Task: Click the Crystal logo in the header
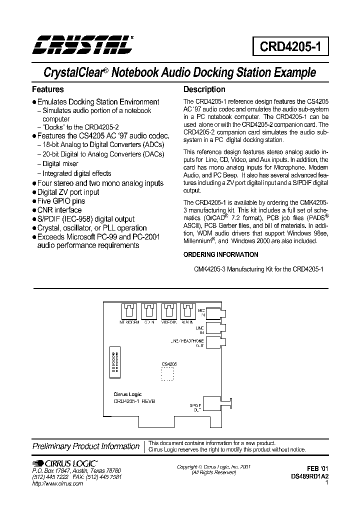pyautogui.click(x=82, y=44)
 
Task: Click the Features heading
pyautogui.click(x=48, y=89)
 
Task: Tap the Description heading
pyautogui.click(x=204, y=89)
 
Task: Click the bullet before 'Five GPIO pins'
pyautogui.click(x=34, y=201)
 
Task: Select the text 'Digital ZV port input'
pyautogui.click(x=68, y=192)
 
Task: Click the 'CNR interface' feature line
pyautogui.click(x=59, y=210)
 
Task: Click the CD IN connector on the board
pyautogui.click(x=148, y=312)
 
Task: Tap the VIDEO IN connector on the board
pyautogui.click(x=168, y=312)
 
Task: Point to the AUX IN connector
pyautogui.click(x=187, y=312)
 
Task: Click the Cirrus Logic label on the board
pyautogui.click(x=128, y=394)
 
